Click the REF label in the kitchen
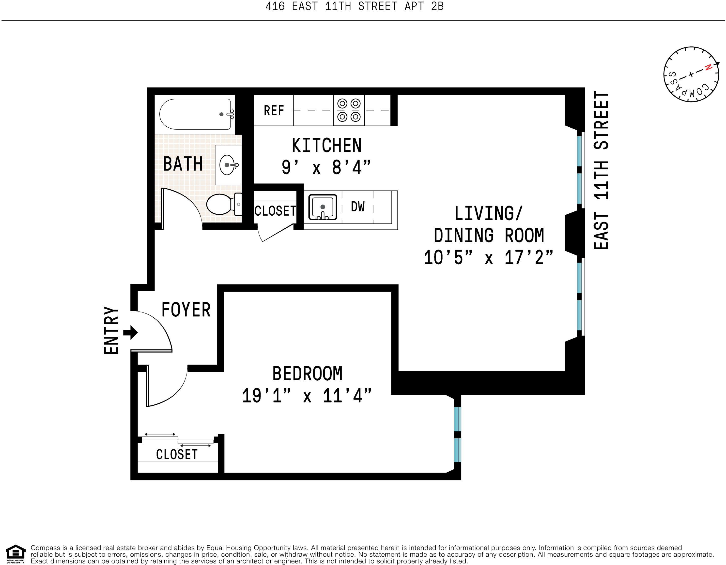(274, 111)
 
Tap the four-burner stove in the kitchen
(349, 110)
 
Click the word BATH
(183, 164)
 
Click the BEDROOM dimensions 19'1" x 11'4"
(307, 396)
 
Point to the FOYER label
(186, 310)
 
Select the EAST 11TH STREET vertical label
(601, 170)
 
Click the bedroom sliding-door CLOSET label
(177, 454)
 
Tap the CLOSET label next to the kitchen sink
(275, 211)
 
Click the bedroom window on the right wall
(457, 434)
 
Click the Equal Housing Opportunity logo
(16, 554)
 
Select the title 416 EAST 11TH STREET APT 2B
(354, 6)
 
